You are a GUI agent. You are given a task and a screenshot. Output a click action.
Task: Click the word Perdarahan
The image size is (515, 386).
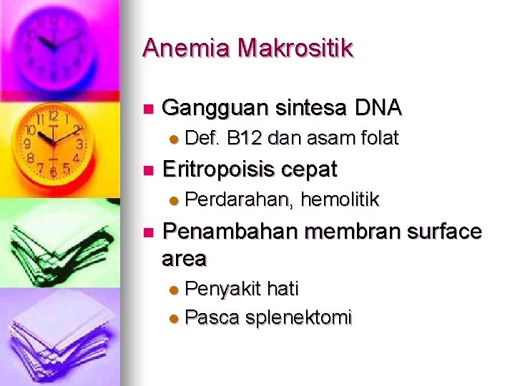tap(239, 199)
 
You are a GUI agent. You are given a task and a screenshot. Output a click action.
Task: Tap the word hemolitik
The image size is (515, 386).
tap(340, 199)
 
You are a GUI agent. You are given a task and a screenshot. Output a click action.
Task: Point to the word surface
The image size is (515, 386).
tap(444, 232)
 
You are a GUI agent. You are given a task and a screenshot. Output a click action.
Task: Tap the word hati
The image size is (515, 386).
tap(282, 289)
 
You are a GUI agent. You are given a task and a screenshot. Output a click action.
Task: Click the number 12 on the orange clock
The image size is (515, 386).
tap(53, 116)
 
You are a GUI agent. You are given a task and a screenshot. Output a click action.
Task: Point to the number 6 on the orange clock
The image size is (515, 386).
tap(52, 172)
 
